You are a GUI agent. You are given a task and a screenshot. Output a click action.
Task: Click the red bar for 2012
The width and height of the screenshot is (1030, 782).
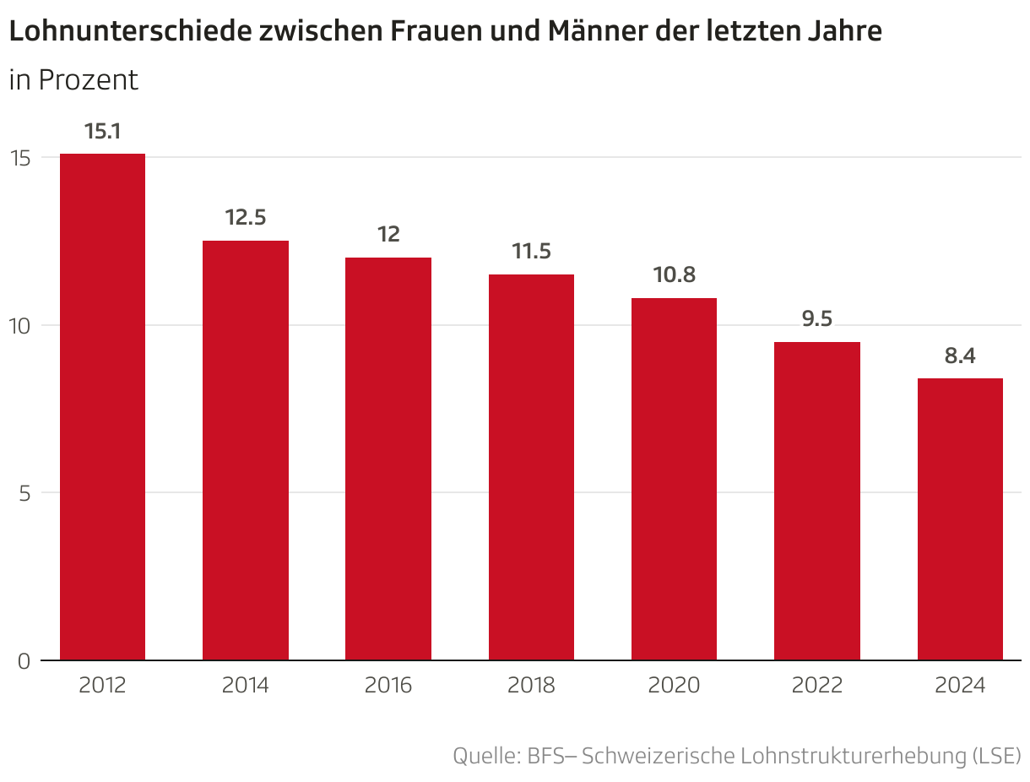tap(102, 406)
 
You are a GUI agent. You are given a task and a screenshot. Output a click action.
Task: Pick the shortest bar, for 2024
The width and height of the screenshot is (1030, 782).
tap(960, 519)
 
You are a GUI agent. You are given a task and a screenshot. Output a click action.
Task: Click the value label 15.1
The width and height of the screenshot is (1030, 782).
tap(102, 132)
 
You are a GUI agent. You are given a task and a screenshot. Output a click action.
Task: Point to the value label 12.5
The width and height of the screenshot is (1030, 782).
tap(246, 218)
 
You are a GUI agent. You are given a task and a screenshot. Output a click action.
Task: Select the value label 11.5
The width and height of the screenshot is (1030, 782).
tap(531, 252)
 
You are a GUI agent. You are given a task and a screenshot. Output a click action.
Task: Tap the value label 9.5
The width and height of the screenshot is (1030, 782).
tap(817, 319)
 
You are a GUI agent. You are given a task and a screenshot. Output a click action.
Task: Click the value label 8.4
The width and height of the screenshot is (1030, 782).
tap(960, 356)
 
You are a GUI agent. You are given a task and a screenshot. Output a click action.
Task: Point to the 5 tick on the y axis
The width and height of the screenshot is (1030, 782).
tap(25, 493)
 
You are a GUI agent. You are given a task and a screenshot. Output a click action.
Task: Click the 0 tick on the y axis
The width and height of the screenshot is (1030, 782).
tap(24, 661)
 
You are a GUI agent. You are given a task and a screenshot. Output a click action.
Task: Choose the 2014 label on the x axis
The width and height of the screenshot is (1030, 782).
tap(246, 685)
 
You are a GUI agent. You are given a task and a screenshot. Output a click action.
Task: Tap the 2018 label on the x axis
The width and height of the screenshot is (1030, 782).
tap(531, 685)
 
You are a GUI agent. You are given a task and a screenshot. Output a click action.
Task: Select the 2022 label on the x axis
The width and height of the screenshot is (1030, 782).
tap(817, 685)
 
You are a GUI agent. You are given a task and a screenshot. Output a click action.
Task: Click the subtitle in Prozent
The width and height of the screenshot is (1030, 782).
tap(73, 80)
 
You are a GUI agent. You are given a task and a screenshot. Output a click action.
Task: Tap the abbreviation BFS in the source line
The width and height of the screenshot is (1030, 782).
tap(545, 755)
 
